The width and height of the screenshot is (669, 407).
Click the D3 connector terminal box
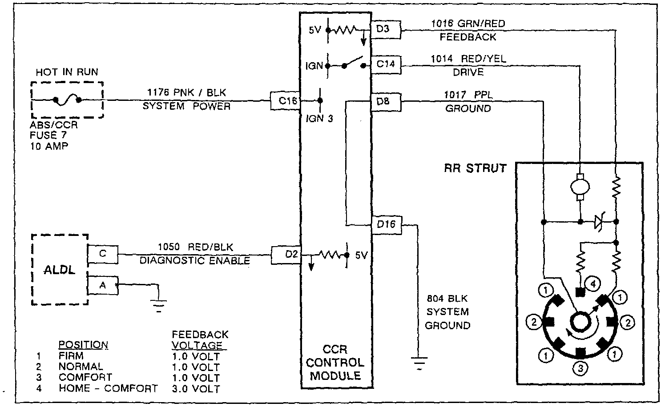click(x=385, y=29)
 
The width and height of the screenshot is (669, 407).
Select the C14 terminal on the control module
click(x=385, y=64)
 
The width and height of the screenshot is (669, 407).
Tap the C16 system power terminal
click(x=286, y=101)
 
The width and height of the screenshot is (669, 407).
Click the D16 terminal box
click(x=386, y=224)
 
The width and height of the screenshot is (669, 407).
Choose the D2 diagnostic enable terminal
click(x=286, y=255)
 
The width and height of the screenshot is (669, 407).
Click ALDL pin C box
click(x=103, y=254)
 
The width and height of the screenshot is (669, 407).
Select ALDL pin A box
click(x=103, y=285)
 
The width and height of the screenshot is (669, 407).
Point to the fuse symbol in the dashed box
click(x=67, y=100)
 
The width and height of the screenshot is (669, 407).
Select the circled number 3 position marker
click(x=580, y=368)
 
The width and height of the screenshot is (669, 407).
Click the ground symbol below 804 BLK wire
click(x=419, y=362)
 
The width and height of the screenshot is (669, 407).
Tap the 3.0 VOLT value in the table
click(x=196, y=389)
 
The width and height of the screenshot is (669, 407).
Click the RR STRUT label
click(x=475, y=168)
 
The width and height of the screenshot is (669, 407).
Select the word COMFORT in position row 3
click(x=85, y=378)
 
